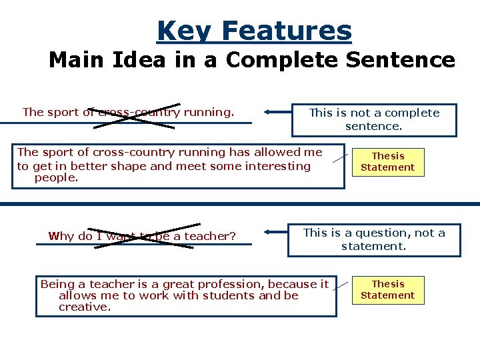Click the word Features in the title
(x=286, y=31)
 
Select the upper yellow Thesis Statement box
(x=388, y=161)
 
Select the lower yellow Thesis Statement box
(x=388, y=289)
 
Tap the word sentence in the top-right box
(x=373, y=125)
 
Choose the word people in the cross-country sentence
(x=56, y=178)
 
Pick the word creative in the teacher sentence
(x=84, y=307)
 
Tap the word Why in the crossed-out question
(x=61, y=236)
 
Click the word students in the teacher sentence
(x=231, y=295)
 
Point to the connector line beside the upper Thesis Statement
(x=339, y=159)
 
